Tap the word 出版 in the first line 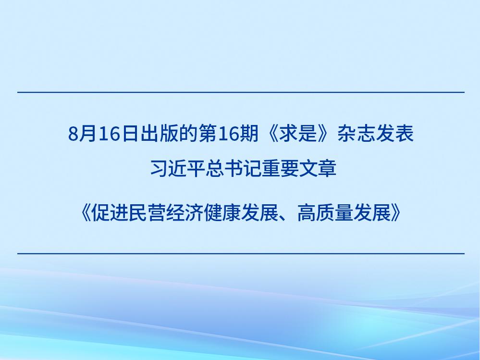(159, 134)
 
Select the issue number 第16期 (228, 134)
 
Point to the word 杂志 (357, 134)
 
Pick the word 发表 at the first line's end (394, 134)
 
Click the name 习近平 (178, 169)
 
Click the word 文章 (318, 169)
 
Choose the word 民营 (147, 213)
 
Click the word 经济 (185, 213)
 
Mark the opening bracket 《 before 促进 (85, 213)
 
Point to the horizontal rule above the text (241, 92)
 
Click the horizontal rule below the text (241, 253)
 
